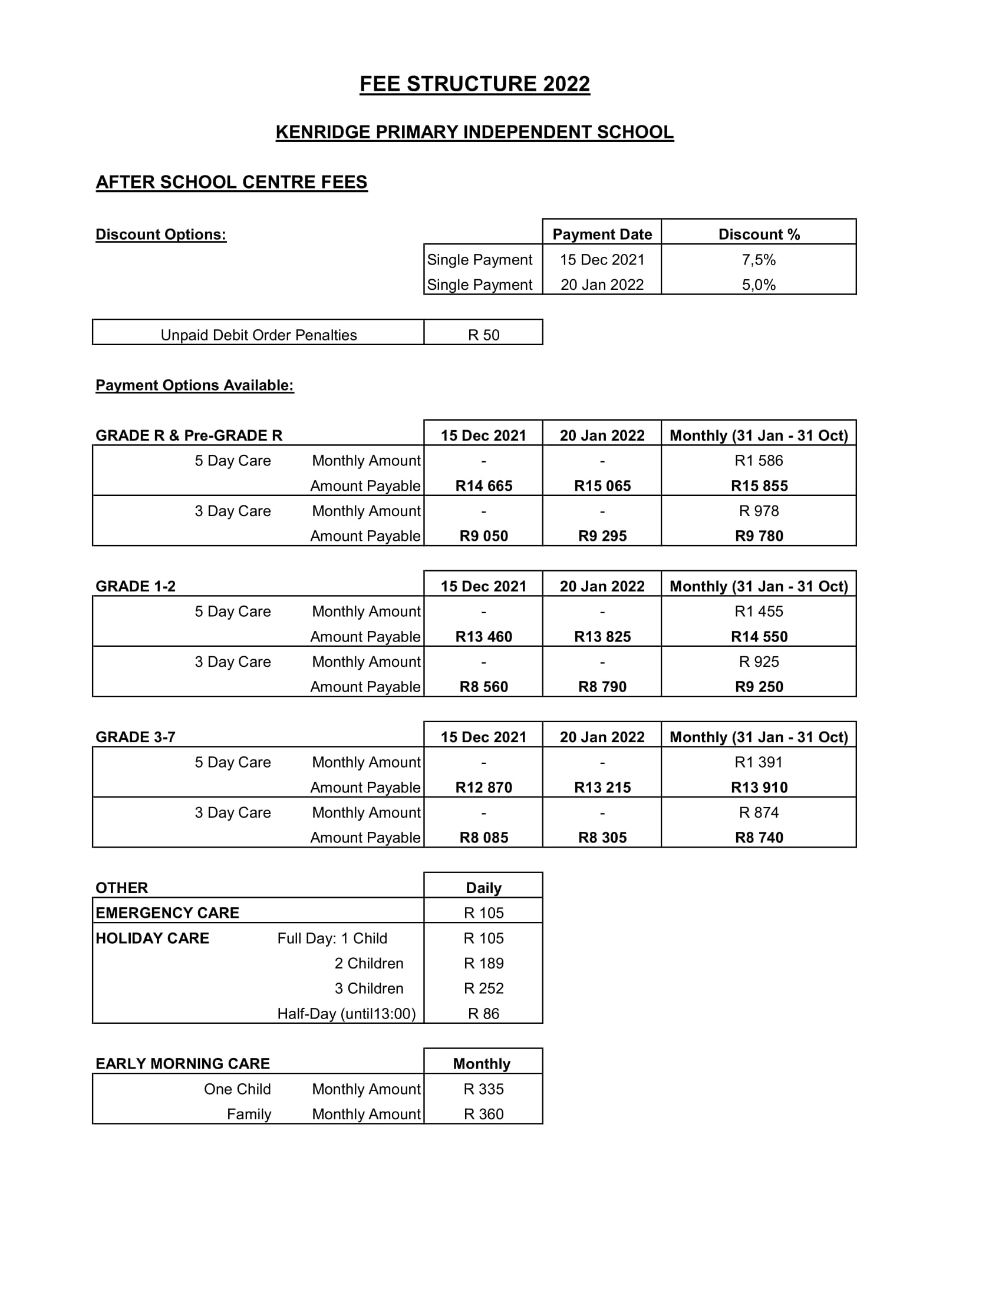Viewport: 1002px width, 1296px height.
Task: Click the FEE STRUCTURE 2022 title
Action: coord(474,84)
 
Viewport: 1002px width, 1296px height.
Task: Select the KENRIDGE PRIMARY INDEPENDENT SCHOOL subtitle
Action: coord(474,132)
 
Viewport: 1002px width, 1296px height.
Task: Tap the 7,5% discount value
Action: coord(758,260)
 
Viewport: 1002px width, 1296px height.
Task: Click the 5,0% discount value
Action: coord(758,285)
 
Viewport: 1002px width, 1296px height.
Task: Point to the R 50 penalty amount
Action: coord(483,335)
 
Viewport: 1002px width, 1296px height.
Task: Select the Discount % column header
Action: coord(759,234)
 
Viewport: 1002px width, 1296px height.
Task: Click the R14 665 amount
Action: coord(483,486)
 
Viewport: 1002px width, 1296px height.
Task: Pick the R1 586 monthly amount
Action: coord(758,461)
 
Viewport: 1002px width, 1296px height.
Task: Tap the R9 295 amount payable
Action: coord(602,536)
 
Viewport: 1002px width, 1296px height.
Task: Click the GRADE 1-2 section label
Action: coord(136,586)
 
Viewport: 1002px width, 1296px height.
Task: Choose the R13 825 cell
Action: coord(602,637)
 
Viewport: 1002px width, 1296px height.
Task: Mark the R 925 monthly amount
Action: coord(758,662)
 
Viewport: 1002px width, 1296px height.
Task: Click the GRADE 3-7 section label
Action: coord(136,737)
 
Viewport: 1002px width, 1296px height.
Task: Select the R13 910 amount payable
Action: coord(759,788)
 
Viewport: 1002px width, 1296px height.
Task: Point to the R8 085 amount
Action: coord(483,837)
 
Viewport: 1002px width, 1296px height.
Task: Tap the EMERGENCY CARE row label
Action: coord(167,913)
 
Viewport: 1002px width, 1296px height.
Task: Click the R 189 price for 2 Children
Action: coord(483,963)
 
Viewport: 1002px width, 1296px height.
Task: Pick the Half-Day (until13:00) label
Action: coord(346,1014)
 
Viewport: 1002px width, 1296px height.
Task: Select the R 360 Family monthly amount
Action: coord(483,1114)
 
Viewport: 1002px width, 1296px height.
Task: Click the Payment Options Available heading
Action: coord(195,386)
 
